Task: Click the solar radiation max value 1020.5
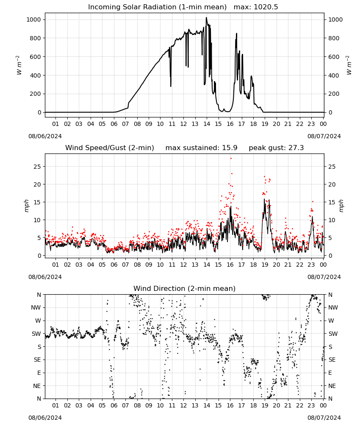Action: (266, 7)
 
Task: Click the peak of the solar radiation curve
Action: (206, 17)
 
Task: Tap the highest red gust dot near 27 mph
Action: (231, 159)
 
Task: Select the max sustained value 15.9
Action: (230, 148)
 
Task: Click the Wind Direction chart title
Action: (185, 288)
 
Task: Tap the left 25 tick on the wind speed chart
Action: (37, 167)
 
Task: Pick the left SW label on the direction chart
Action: (36, 334)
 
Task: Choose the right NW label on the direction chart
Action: (333, 307)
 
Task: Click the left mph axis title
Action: (26, 206)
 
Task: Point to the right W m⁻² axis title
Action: (349, 65)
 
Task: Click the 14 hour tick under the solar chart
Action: (207, 124)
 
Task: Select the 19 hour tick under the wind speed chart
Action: (265, 265)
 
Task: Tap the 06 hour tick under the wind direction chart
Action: (114, 405)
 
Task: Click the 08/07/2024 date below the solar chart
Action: (324, 136)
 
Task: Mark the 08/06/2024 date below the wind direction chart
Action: (45, 418)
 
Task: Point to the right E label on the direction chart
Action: (330, 373)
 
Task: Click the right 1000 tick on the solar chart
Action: (335, 20)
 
